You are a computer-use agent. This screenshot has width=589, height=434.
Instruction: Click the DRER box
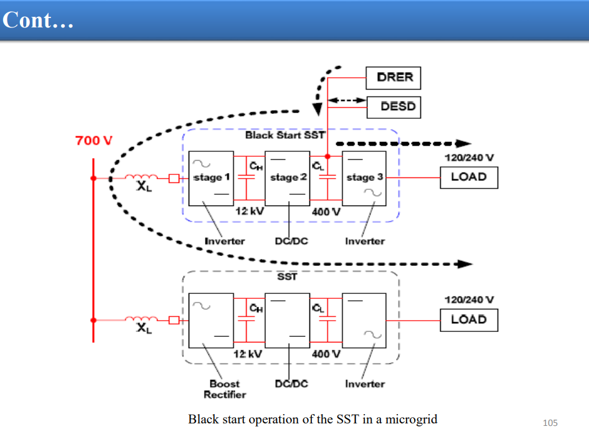pyautogui.click(x=393, y=78)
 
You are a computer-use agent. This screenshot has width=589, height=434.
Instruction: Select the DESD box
pyautogui.click(x=393, y=107)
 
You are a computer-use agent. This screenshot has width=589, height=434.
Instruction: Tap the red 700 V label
pyautogui.click(x=94, y=141)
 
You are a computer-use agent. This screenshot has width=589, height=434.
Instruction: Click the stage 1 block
pyautogui.click(x=211, y=179)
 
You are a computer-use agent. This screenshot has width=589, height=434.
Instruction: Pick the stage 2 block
pyautogui.click(x=288, y=179)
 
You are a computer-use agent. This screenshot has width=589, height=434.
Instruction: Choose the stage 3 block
pyautogui.click(x=364, y=179)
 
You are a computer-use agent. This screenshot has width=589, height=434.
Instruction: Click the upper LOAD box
pyautogui.click(x=469, y=177)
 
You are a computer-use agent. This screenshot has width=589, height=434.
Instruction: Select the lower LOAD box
pyautogui.click(x=469, y=320)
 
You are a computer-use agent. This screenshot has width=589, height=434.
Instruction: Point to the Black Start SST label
pyautogui.click(x=285, y=135)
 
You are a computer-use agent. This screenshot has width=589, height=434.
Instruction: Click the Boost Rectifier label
pyautogui.click(x=225, y=389)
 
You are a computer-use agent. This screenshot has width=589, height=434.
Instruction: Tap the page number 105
pyautogui.click(x=550, y=423)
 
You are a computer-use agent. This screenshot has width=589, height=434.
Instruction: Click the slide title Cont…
pyautogui.click(x=38, y=20)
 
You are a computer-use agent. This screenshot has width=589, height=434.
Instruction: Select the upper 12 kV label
pyautogui.click(x=250, y=211)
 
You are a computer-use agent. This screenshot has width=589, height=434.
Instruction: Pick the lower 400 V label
pyautogui.click(x=326, y=354)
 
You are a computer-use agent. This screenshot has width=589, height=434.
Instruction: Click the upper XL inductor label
pyautogui.click(x=144, y=186)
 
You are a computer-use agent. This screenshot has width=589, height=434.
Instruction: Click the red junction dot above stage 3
pyautogui.click(x=327, y=156)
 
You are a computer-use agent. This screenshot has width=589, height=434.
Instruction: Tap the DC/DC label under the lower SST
pyautogui.click(x=291, y=384)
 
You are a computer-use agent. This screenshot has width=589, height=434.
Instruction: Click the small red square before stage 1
pyautogui.click(x=174, y=178)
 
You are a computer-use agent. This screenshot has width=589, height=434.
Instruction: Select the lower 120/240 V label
pyautogui.click(x=469, y=300)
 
